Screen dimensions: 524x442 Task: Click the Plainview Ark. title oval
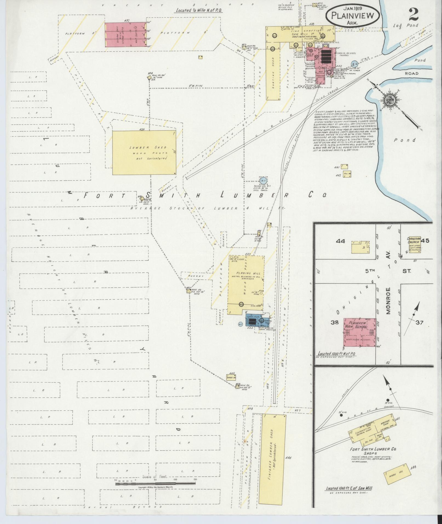(x=352, y=15)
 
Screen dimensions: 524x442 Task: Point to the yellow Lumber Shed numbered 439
(x=144, y=152)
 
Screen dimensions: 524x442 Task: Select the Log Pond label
(x=406, y=26)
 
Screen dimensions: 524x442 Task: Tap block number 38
(x=334, y=322)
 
